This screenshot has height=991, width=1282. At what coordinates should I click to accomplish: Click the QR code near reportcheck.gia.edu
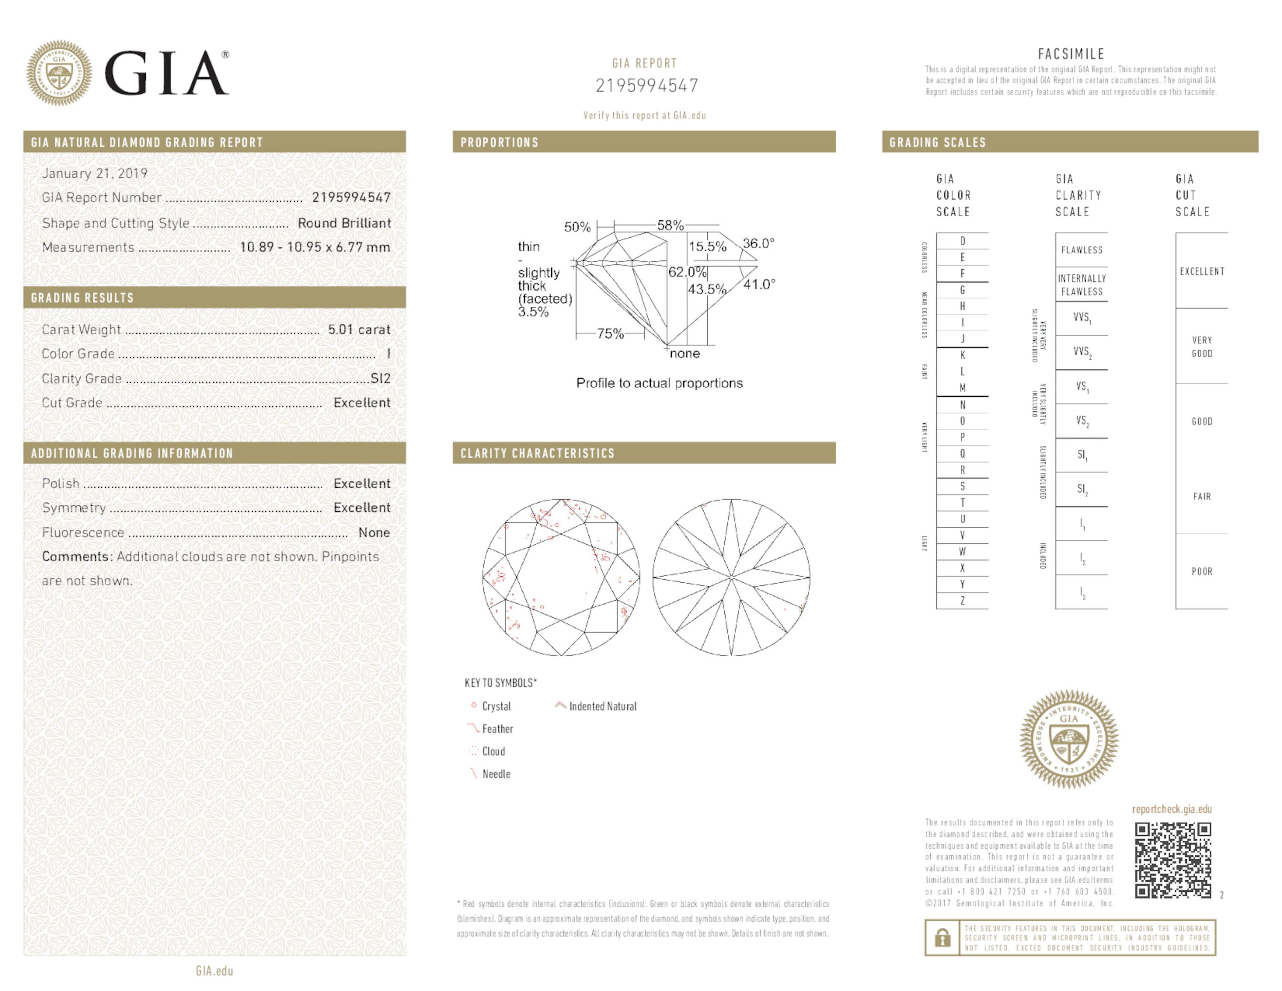(1172, 860)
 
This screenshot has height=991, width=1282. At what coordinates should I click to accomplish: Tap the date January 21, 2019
(94, 173)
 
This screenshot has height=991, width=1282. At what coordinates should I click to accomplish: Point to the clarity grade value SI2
(380, 379)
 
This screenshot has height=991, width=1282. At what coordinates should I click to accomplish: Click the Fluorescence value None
(374, 533)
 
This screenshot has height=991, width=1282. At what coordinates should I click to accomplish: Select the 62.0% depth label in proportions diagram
(687, 272)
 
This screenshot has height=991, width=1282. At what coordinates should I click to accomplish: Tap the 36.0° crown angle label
(759, 243)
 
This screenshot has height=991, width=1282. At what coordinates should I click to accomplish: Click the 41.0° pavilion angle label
(759, 285)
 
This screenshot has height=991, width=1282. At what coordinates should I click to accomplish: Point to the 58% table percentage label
(670, 225)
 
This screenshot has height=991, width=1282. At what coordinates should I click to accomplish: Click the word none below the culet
(685, 354)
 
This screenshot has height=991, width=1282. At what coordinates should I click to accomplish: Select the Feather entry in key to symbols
(497, 729)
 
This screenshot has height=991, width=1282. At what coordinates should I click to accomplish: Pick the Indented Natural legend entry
(602, 706)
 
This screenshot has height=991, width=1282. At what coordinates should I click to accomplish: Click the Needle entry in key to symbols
(495, 774)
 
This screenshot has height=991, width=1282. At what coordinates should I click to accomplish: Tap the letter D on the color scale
(963, 241)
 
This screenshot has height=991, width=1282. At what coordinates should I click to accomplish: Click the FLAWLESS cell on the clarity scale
(1081, 250)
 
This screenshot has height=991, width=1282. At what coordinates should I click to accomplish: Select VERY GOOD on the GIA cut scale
(1202, 346)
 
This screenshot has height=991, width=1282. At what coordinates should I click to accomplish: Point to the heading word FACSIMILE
(1070, 54)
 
